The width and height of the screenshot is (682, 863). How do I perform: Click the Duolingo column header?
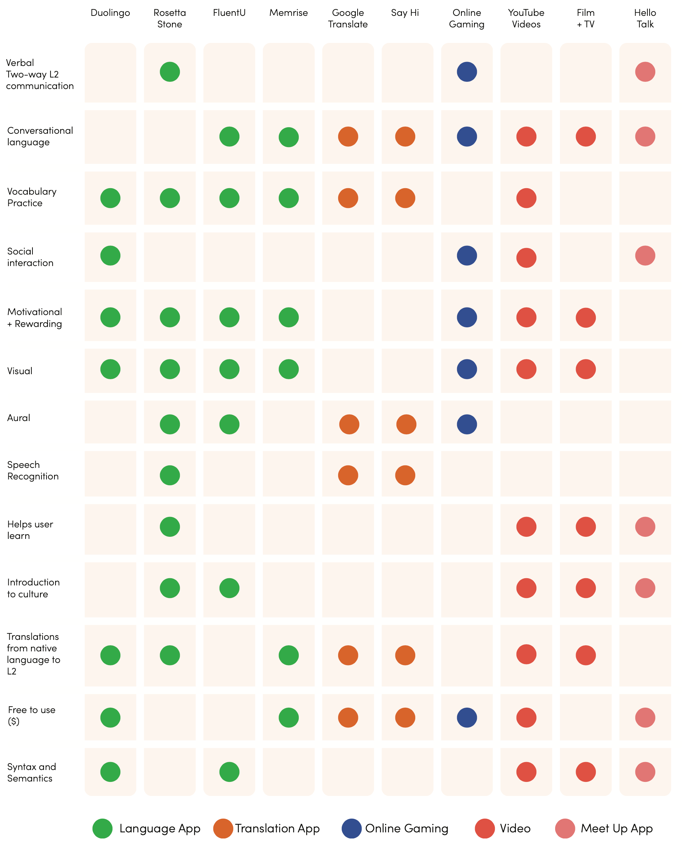click(x=110, y=13)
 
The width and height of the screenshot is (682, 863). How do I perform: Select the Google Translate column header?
click(x=348, y=18)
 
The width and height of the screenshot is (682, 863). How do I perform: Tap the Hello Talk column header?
click(x=645, y=18)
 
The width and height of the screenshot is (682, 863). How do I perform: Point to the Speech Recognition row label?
click(x=33, y=470)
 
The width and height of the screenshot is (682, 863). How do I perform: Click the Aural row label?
click(x=19, y=418)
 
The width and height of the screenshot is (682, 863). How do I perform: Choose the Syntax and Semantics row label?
click(x=32, y=773)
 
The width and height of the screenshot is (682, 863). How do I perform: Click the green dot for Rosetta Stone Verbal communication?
click(x=170, y=72)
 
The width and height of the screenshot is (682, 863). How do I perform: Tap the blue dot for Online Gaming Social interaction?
click(x=467, y=256)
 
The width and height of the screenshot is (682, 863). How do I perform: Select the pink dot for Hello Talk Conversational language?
click(x=645, y=137)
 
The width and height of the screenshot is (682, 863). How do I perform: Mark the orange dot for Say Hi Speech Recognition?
click(x=405, y=475)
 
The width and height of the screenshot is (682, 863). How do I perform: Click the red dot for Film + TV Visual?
click(x=585, y=369)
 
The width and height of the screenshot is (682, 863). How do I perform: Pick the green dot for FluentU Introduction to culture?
click(x=229, y=588)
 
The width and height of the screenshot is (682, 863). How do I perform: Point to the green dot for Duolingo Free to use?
click(x=110, y=717)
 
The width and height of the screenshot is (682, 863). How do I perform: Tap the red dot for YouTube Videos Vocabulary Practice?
click(x=526, y=198)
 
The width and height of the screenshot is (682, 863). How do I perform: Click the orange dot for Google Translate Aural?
click(x=349, y=424)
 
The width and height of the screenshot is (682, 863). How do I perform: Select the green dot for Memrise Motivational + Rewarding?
click(x=288, y=318)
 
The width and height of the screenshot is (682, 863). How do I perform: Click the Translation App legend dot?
click(x=223, y=829)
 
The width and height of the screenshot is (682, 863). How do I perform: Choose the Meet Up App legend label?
click(x=616, y=829)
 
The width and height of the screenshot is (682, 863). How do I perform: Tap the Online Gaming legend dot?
click(x=351, y=829)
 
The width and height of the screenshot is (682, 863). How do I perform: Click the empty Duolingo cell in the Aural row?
click(x=110, y=422)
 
